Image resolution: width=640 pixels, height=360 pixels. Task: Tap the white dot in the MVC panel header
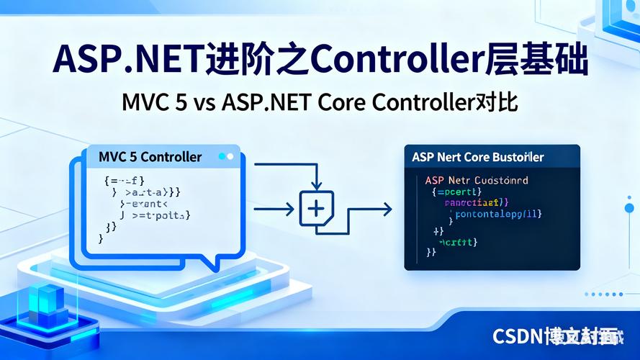click(x=230, y=156)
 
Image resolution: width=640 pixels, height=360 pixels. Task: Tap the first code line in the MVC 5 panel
click(x=125, y=180)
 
